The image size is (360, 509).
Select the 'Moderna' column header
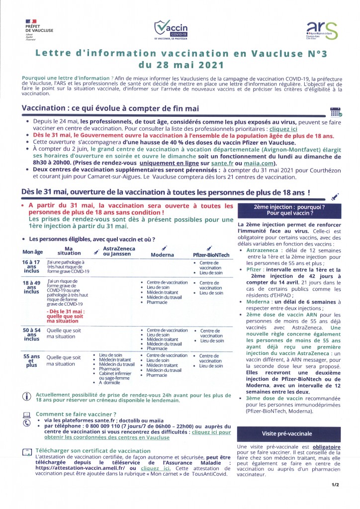point(162,254)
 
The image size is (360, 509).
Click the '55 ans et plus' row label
point(32,361)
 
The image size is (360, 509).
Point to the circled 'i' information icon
point(27,396)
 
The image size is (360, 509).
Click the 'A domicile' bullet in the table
point(108,383)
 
